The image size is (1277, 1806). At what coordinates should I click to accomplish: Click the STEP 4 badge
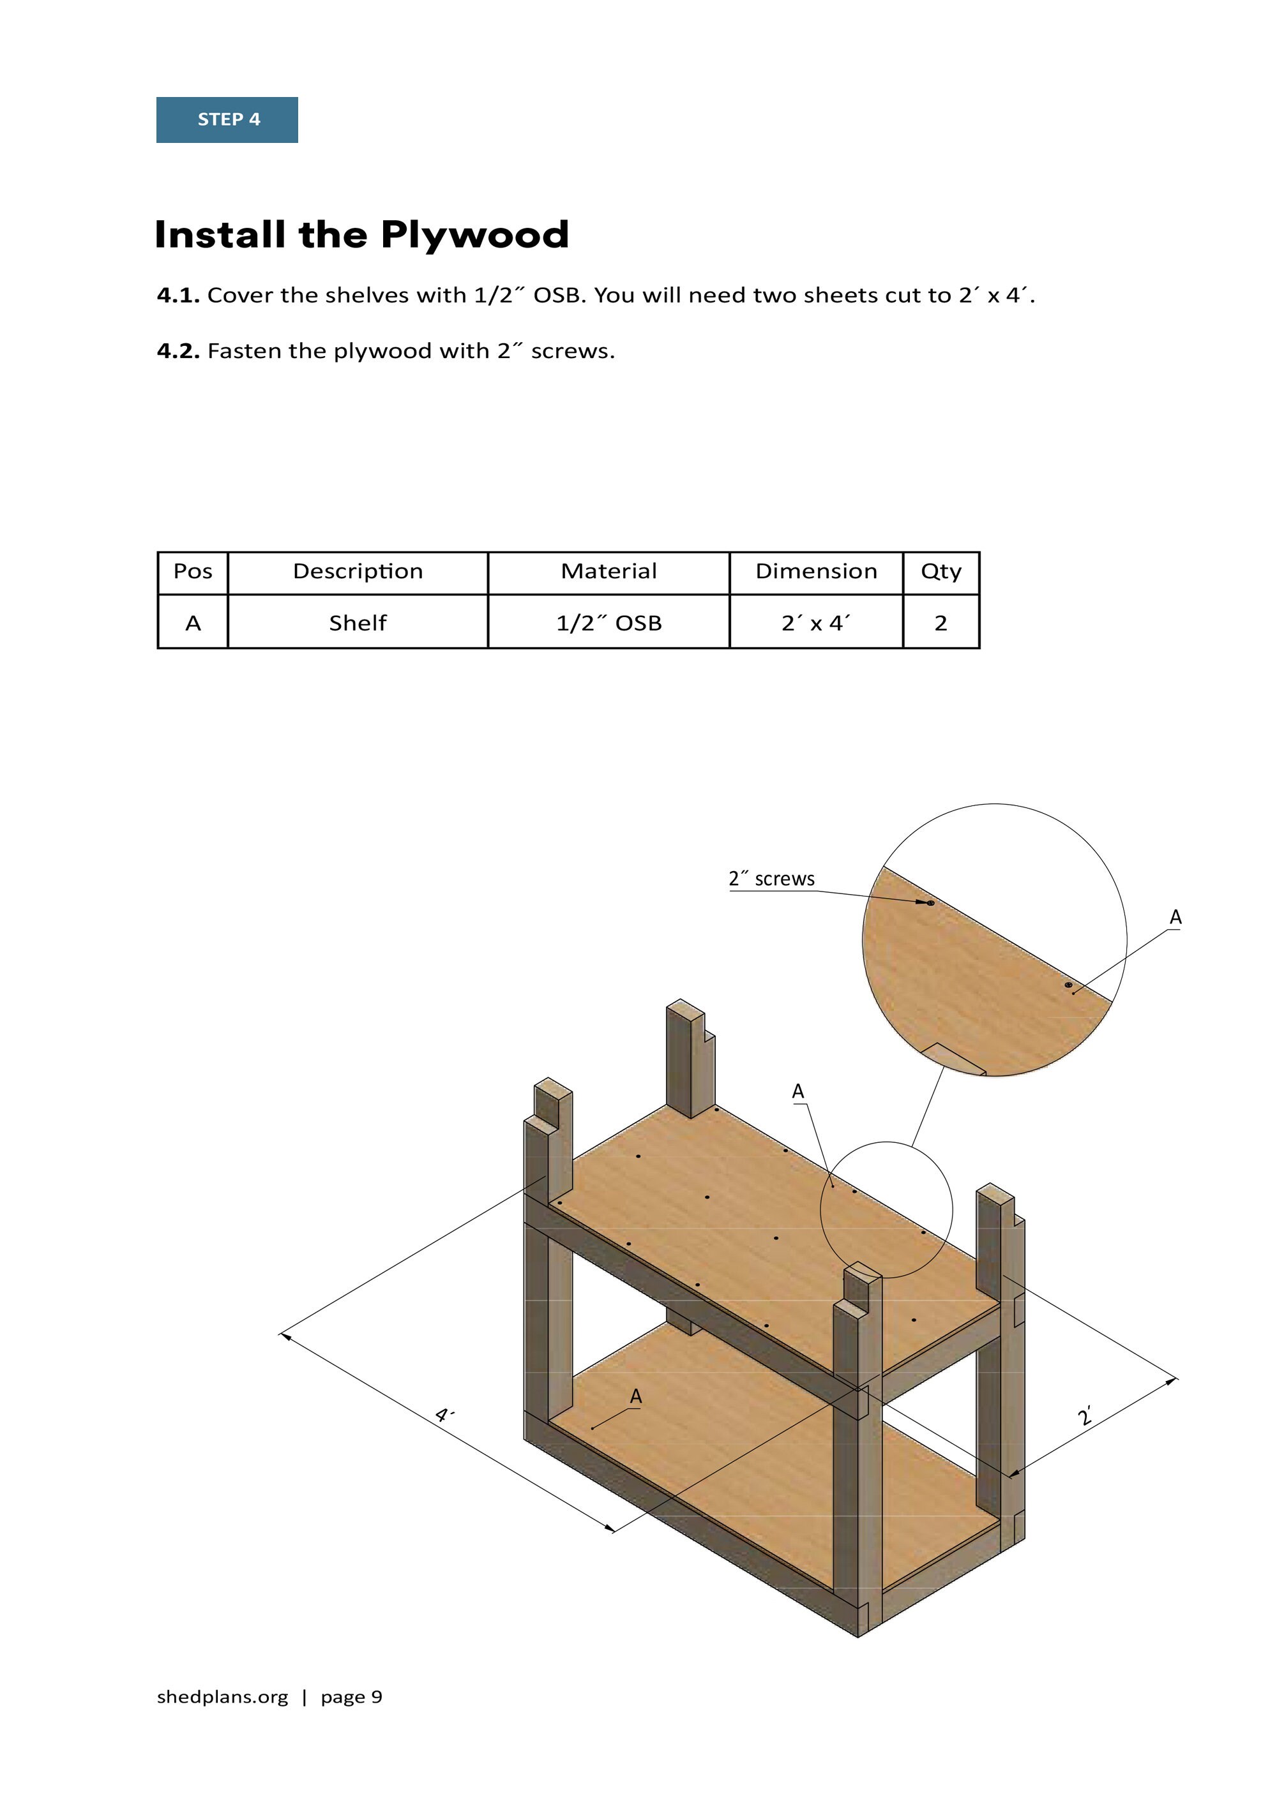227,119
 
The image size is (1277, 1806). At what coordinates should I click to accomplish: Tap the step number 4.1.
178,295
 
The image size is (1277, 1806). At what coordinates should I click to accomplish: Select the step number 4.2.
178,351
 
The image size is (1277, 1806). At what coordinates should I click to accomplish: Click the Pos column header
193,572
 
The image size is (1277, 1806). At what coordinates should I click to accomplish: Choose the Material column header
608,572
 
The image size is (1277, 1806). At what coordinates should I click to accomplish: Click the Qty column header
941,572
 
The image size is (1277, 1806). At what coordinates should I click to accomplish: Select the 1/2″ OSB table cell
608,623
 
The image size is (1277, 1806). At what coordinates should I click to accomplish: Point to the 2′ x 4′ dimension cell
816,623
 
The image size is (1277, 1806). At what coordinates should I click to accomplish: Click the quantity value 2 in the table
941,623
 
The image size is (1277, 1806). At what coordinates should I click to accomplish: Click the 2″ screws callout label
771,879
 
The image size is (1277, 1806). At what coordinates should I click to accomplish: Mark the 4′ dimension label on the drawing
444,1416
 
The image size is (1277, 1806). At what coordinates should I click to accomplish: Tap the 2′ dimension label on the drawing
1086,1417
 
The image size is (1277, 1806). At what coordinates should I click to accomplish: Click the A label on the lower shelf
636,1396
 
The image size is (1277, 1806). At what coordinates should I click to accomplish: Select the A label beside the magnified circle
1175,917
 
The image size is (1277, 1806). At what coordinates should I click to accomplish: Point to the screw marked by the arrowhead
931,903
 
